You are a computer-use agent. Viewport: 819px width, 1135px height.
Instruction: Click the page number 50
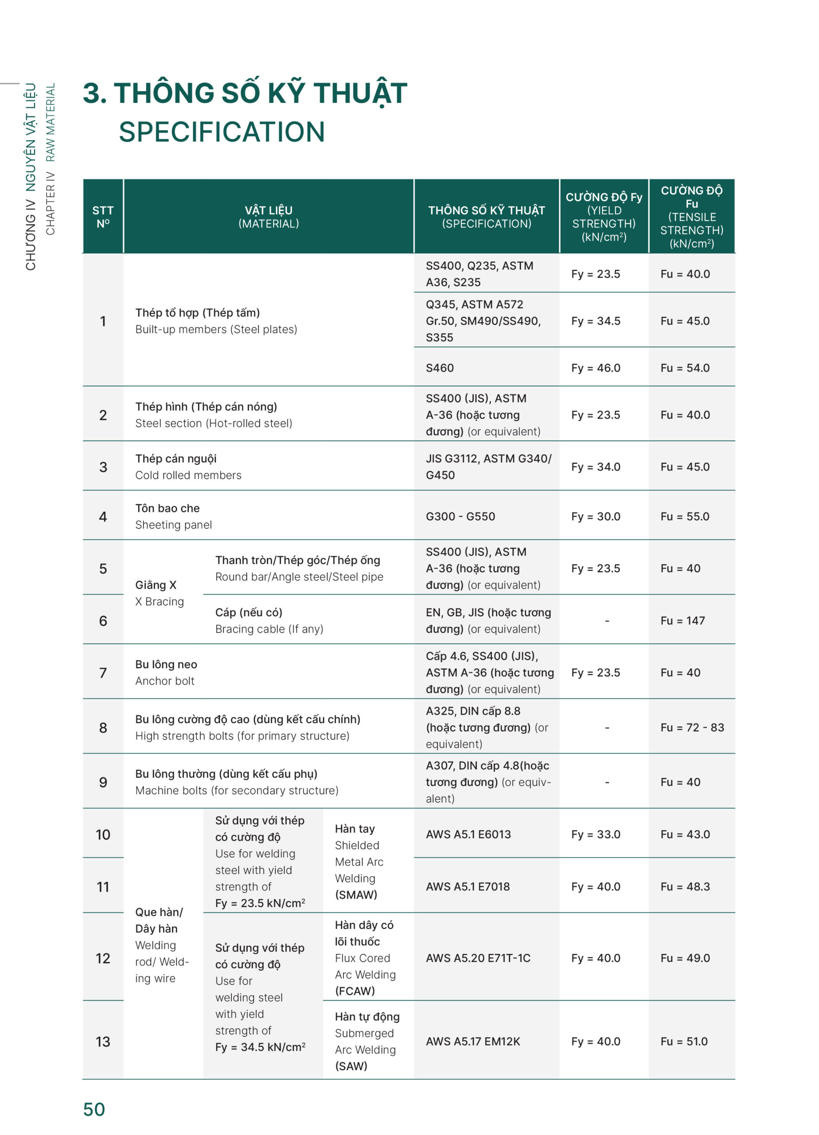click(94, 1109)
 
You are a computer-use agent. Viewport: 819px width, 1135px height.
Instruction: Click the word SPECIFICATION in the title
click(222, 132)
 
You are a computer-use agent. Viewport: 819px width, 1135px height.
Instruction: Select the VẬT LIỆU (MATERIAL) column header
click(268, 217)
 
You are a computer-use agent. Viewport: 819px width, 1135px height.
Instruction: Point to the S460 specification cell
click(440, 368)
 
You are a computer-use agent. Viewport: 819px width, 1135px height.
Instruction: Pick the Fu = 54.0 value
click(684, 368)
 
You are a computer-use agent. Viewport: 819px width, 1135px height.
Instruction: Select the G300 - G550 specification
click(460, 517)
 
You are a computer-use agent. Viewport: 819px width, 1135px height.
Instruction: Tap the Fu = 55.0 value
click(684, 517)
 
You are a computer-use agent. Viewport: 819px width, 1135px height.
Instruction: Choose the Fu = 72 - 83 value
click(692, 727)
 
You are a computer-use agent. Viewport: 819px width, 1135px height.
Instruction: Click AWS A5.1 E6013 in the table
click(468, 834)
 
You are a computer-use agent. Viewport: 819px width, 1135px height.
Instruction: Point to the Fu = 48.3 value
click(684, 886)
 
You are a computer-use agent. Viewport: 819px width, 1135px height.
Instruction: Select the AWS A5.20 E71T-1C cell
click(478, 958)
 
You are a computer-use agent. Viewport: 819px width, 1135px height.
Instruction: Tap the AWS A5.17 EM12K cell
click(473, 1041)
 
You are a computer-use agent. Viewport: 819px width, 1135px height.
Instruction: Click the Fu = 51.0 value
click(683, 1041)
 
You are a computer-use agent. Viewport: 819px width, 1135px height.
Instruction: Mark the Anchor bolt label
click(164, 681)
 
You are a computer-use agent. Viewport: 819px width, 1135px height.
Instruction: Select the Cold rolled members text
click(188, 475)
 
